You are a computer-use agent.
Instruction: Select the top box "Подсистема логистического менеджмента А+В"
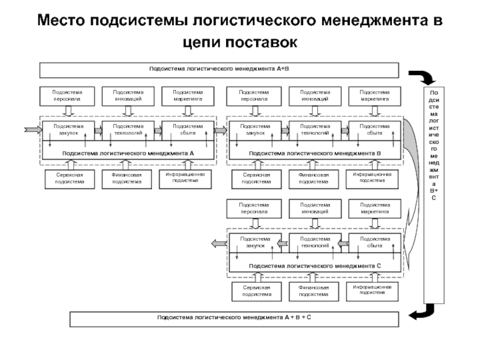point(219,70)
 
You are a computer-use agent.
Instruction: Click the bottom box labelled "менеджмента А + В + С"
point(234,319)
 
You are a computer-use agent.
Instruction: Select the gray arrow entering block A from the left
point(29,128)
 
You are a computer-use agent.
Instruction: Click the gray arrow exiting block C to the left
point(217,242)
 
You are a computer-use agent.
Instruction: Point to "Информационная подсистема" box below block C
point(372,291)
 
